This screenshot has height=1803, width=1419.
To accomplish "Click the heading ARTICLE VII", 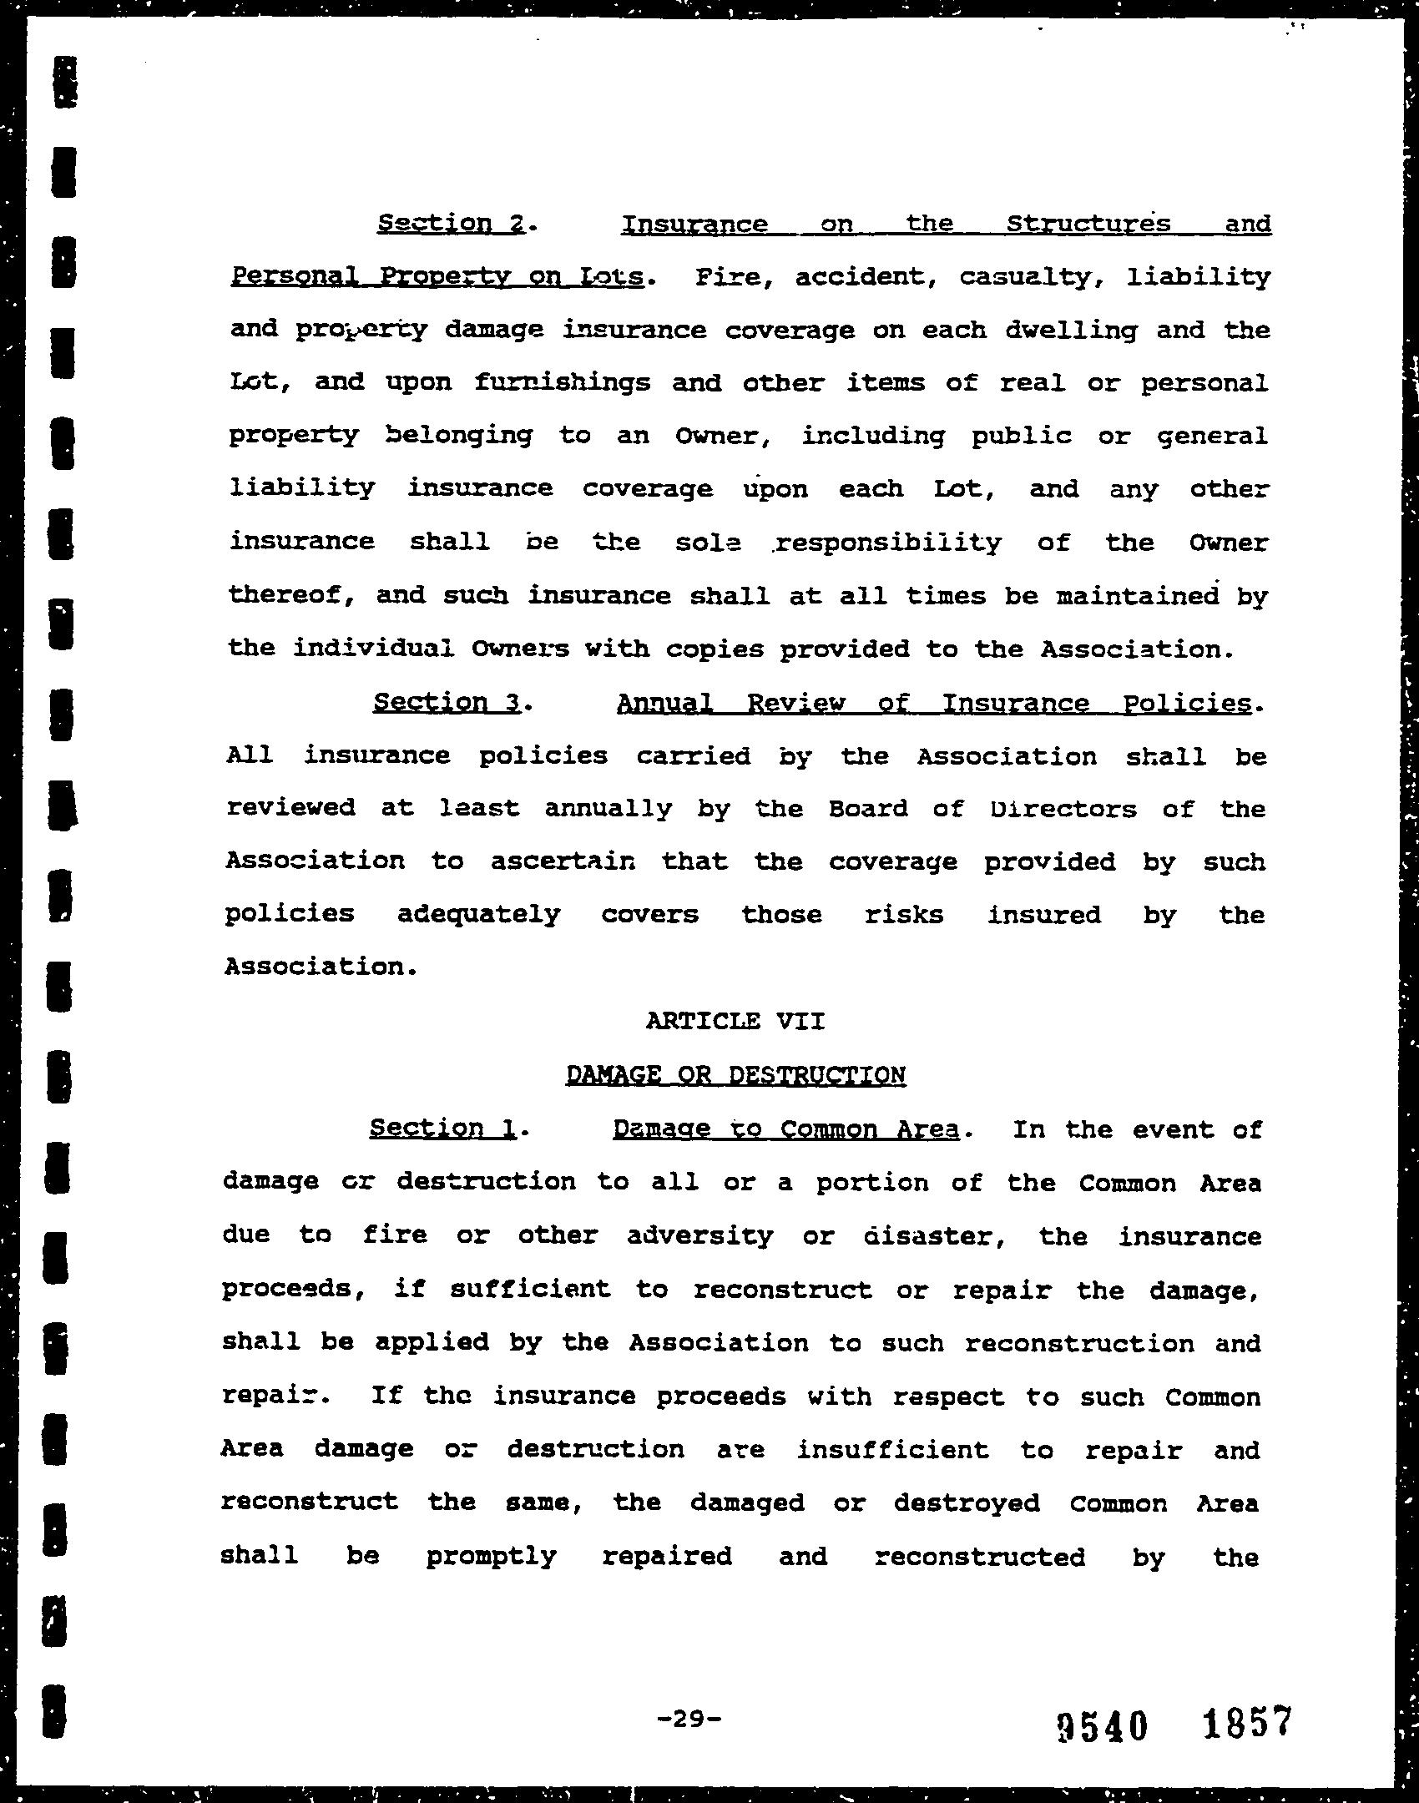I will click(x=735, y=1021).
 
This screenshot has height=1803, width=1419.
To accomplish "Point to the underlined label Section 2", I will click(x=451, y=224).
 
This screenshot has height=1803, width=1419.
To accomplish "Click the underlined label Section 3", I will click(x=447, y=703).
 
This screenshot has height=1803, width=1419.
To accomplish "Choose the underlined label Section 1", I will click(x=442, y=1129).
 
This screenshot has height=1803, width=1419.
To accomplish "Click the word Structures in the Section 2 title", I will click(x=1088, y=224).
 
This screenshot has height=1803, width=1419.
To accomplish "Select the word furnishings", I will click(x=563, y=383).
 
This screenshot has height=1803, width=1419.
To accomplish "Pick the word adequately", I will click(x=478, y=914).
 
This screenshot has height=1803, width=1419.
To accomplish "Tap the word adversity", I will click(x=700, y=1235).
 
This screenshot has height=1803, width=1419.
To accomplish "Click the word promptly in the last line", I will click(x=491, y=1557).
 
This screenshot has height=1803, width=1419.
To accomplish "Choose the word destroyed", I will click(x=967, y=1503).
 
